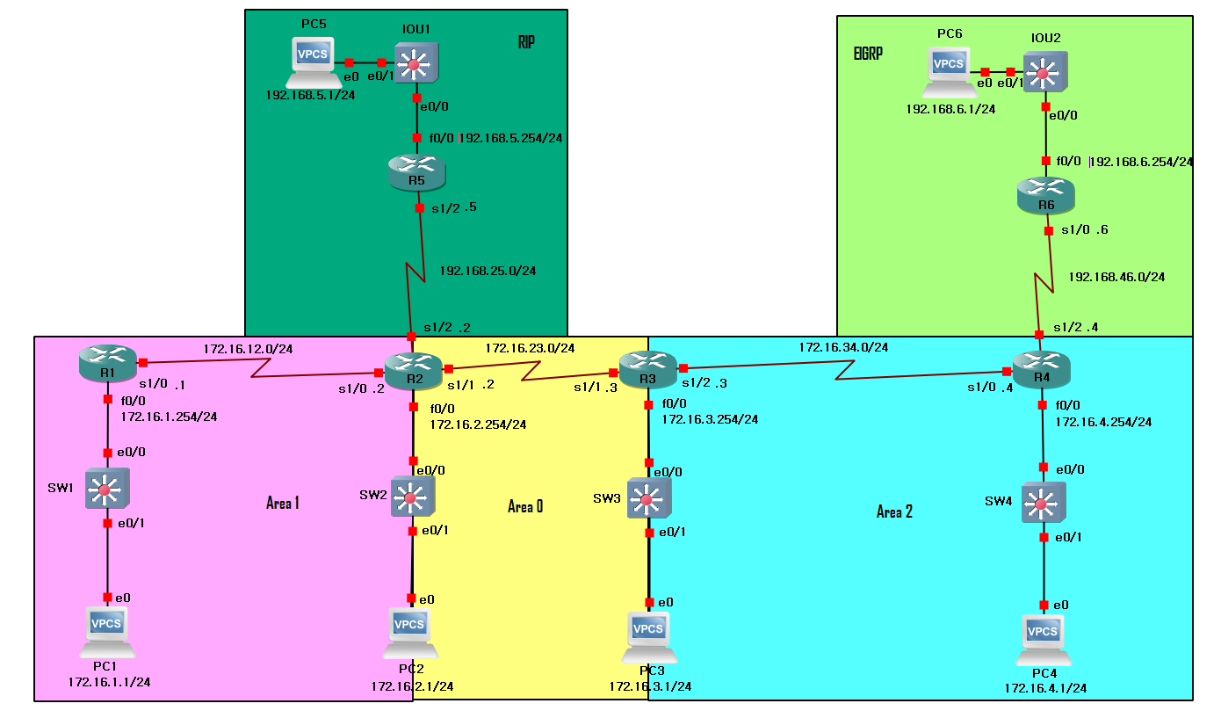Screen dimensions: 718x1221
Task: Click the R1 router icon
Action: click(107, 363)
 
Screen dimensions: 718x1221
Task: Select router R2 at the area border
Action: click(413, 370)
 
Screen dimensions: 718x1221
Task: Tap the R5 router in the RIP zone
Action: click(416, 171)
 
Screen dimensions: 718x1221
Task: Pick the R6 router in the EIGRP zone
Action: click(1045, 195)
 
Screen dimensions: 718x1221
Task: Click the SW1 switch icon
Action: click(107, 489)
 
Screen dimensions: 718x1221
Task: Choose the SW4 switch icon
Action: click(1043, 504)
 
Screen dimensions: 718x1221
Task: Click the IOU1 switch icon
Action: click(415, 63)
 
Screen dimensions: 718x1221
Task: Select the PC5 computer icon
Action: click(313, 62)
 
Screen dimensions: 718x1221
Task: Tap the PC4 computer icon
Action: click(1043, 640)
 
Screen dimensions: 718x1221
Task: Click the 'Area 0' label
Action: click(525, 506)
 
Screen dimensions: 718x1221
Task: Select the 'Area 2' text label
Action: click(894, 511)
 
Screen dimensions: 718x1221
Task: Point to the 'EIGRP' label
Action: click(868, 53)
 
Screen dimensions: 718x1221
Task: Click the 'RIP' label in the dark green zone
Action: click(526, 42)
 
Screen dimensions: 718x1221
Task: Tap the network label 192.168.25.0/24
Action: click(488, 271)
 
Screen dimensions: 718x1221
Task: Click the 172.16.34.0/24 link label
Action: click(843, 347)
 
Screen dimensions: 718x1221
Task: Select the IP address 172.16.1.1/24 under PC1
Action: click(109, 681)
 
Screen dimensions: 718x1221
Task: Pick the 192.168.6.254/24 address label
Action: click(1141, 162)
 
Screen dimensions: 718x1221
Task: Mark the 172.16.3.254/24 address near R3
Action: click(710, 419)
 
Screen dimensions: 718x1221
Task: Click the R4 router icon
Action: click(1042, 368)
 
